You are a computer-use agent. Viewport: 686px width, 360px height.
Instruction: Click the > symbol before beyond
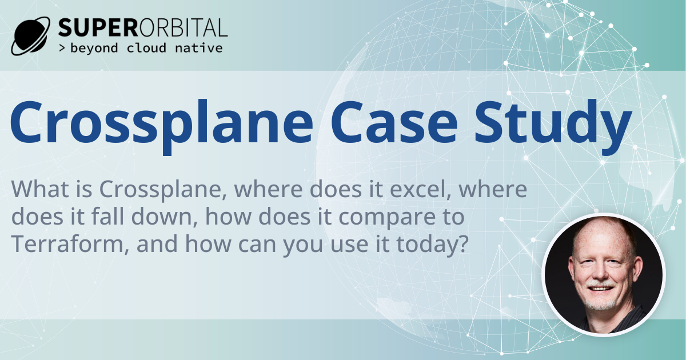(x=62, y=48)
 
